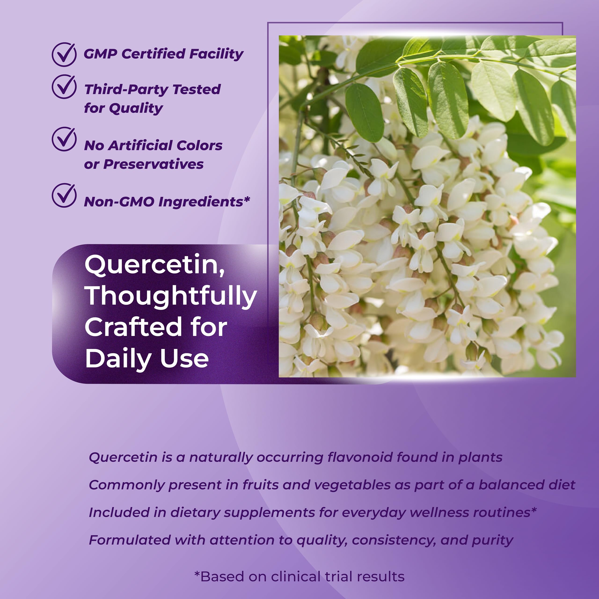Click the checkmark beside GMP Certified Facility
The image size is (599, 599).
coord(64,55)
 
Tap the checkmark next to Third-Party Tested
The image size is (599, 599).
coord(64,87)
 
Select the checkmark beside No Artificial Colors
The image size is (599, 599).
coord(64,139)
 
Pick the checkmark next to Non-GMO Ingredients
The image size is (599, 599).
coord(64,195)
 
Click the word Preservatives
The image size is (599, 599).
coord(153,164)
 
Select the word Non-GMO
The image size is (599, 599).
coord(119,202)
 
